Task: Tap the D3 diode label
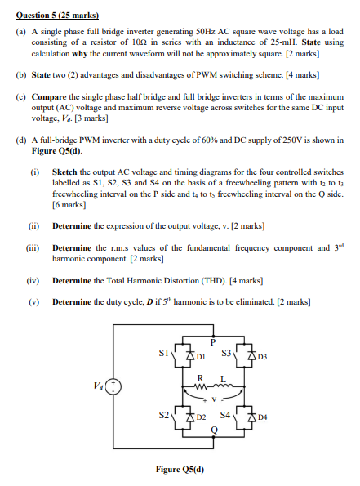click(261, 357)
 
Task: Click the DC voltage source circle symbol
click(116, 386)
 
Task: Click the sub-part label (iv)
click(35, 280)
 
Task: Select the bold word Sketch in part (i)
click(64, 173)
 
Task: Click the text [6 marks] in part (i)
click(69, 206)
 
